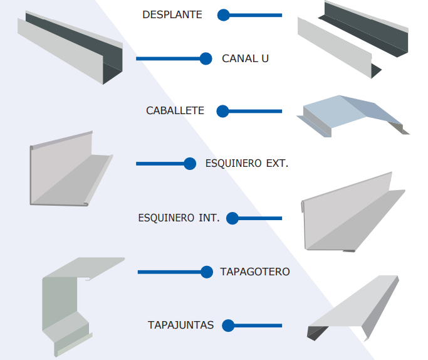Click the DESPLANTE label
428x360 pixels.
coord(172,14)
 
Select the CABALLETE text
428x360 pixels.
coord(175,111)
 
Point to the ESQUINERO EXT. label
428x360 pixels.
coord(246,164)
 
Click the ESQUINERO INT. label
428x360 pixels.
coord(179,218)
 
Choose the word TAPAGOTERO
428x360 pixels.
coord(254,272)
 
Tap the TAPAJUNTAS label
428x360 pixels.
coord(181,325)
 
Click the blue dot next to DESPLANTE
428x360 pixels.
coord(224,14)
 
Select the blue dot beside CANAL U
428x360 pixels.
coord(206,59)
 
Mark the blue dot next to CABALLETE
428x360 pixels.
coord(223,111)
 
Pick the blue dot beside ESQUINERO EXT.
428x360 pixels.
coord(191,164)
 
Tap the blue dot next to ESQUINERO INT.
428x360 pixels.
coord(232,218)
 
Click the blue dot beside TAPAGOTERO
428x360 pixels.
coord(207,272)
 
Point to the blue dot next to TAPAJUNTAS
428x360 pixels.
coord(228,326)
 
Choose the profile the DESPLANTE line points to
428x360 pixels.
coord(351,38)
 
